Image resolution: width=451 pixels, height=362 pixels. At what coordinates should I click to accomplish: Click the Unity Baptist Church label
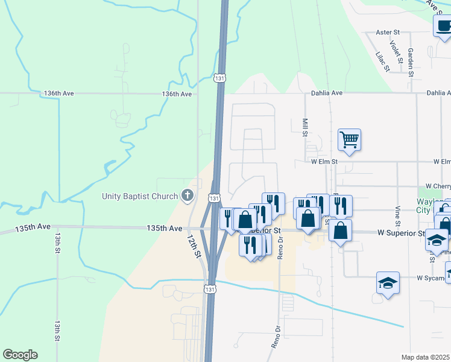click(x=139, y=195)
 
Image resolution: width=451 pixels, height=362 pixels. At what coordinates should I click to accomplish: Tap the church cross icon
click(x=188, y=195)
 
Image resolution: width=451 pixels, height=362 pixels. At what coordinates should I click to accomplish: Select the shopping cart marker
click(x=349, y=140)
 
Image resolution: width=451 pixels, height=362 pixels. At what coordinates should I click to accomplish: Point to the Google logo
click(x=20, y=355)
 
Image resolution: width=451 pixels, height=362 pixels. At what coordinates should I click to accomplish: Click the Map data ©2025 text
click(x=426, y=357)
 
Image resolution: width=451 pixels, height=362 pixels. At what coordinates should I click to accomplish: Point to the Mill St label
click(x=306, y=127)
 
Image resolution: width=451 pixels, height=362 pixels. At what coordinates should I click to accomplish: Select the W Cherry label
click(x=438, y=186)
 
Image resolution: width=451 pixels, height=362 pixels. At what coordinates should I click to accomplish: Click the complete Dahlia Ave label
click(x=327, y=94)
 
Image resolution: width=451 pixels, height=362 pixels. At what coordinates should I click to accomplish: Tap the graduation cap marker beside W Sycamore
click(x=388, y=282)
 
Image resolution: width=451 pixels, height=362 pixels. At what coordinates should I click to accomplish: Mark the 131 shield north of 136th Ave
click(x=221, y=78)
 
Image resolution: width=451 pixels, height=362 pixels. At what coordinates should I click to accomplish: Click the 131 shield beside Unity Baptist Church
click(x=215, y=197)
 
